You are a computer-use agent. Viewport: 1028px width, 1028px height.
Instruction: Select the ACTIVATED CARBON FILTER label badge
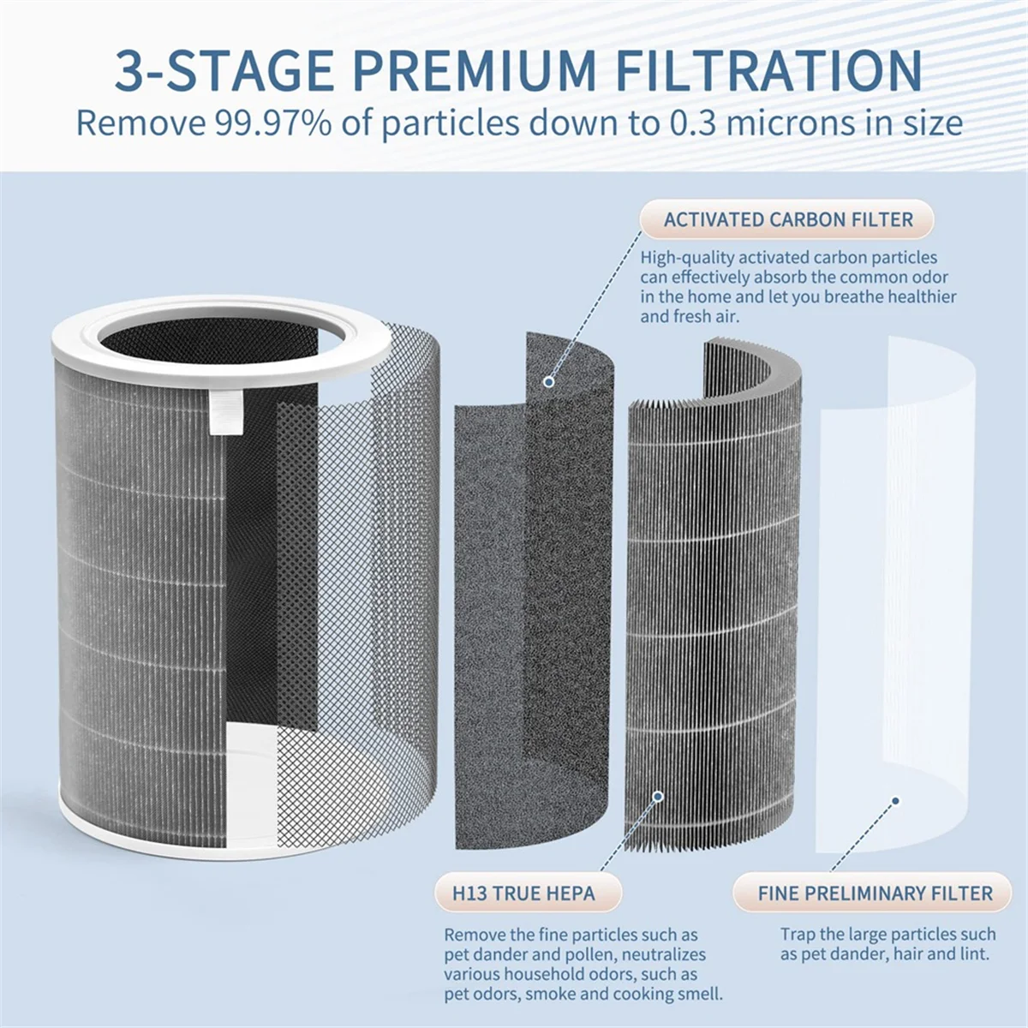[788, 219]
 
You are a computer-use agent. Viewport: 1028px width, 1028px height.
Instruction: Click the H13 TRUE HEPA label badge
[523, 894]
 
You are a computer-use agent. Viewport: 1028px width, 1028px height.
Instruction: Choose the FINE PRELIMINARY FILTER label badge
[875, 894]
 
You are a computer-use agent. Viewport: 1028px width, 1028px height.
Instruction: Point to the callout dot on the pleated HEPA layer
[658, 797]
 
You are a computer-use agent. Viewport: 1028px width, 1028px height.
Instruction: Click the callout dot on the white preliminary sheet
[895, 801]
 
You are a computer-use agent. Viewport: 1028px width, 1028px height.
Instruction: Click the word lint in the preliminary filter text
[974, 954]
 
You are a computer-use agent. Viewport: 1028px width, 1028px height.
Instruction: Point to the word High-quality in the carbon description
[687, 258]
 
